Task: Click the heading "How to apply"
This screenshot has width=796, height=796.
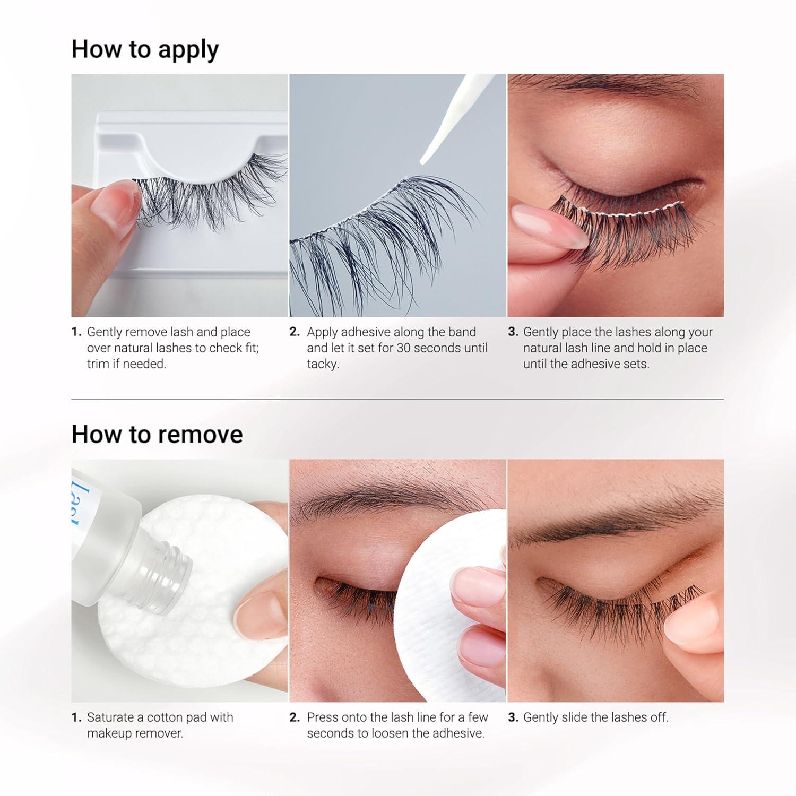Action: tap(145, 50)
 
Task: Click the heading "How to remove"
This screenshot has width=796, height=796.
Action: tap(157, 434)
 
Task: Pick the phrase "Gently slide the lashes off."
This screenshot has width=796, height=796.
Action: tap(596, 717)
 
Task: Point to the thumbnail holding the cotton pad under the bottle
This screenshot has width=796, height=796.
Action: tap(255, 608)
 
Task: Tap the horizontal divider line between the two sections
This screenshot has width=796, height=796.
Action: tap(397, 399)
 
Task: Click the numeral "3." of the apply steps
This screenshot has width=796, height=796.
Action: tap(513, 332)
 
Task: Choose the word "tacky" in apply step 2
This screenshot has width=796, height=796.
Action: tap(322, 365)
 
